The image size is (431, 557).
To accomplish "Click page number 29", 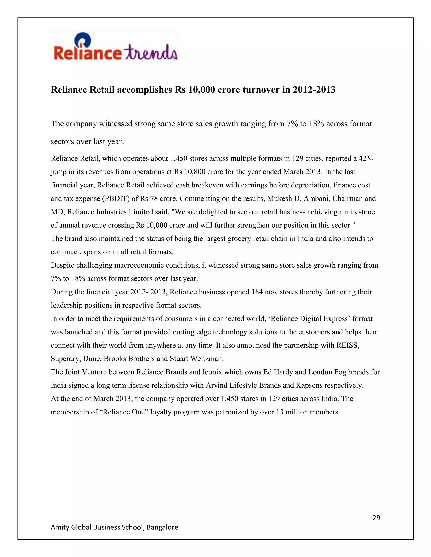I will (x=376, y=518).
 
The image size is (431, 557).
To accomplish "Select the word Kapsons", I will (x=309, y=385).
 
